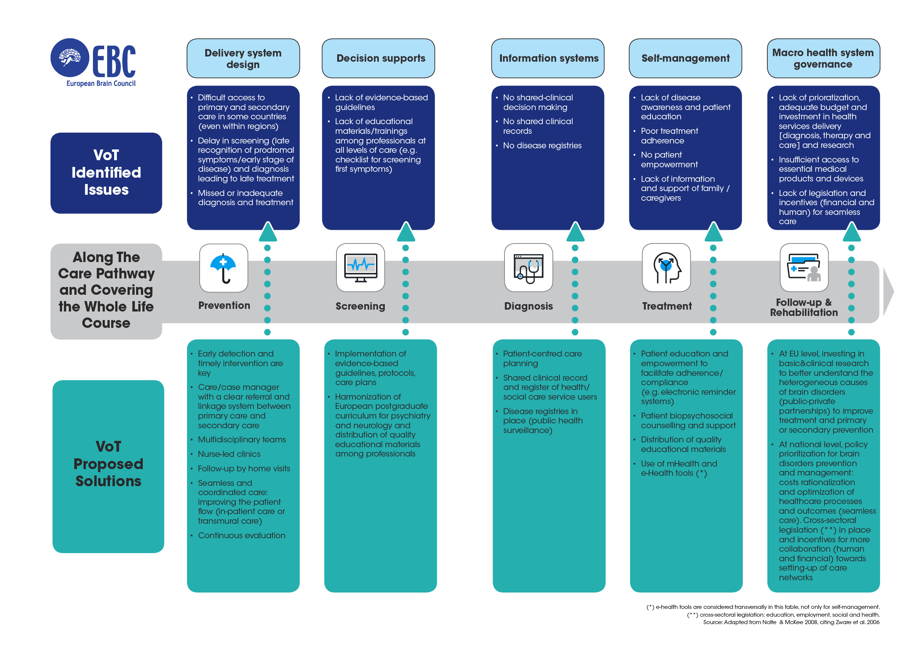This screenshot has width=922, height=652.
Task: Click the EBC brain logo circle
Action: point(70,58)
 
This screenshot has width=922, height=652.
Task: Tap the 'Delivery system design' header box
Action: point(243,59)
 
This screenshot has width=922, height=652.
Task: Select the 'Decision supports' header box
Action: point(378,59)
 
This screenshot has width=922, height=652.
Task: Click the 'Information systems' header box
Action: point(548,59)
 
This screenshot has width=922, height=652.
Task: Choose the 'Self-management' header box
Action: point(685,59)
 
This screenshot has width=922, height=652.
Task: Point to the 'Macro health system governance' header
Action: point(823,59)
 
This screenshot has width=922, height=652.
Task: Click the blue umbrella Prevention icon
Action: point(223,268)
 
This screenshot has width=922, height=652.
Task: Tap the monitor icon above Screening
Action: point(361,268)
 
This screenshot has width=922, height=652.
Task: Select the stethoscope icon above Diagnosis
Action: point(528,268)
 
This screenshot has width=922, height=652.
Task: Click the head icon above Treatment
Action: point(666,268)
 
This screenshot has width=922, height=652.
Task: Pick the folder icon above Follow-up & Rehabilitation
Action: point(804,268)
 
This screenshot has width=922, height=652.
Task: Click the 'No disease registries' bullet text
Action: point(542,146)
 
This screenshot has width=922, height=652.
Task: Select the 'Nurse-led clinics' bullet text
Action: point(229,454)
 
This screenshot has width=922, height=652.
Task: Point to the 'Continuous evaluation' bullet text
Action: point(241,536)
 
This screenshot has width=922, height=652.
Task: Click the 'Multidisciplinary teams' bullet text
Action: point(242,440)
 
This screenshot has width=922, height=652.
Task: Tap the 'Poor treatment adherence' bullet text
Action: point(670,136)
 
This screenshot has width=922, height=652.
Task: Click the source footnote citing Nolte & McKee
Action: point(791,622)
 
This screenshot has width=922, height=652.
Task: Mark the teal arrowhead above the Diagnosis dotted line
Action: point(575,232)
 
